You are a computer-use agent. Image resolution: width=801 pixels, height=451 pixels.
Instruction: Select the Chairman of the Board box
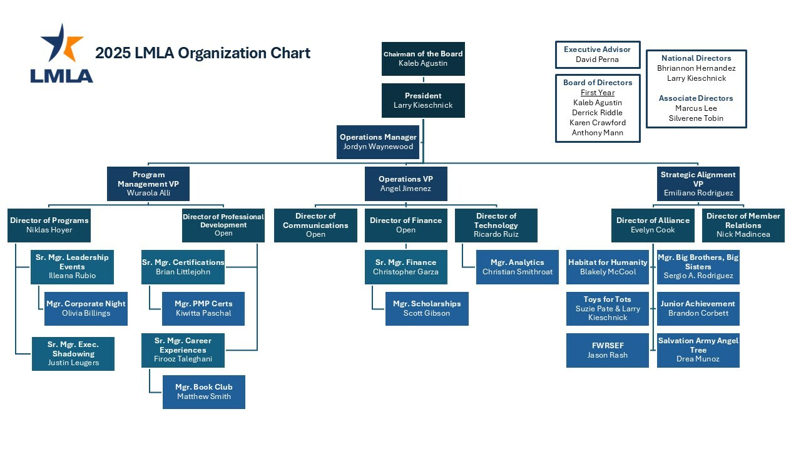(423, 59)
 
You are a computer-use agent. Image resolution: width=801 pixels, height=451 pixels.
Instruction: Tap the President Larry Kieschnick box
(423, 100)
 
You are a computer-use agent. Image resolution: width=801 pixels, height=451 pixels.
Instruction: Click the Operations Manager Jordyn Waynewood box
(378, 142)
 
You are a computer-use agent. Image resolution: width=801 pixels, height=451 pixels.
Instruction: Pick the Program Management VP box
(148, 184)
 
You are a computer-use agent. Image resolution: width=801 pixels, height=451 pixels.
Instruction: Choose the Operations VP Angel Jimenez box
(406, 184)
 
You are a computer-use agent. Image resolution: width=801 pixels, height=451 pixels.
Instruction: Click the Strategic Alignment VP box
(698, 184)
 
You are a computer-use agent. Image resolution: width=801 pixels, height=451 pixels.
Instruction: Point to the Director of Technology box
(496, 225)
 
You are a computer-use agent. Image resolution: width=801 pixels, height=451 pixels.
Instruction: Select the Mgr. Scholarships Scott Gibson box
(426, 308)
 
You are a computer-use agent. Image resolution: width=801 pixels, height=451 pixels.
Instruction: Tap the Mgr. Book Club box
(203, 391)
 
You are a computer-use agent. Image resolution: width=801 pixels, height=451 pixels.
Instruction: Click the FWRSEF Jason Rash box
(607, 350)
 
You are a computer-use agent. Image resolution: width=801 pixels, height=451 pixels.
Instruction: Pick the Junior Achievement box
(698, 308)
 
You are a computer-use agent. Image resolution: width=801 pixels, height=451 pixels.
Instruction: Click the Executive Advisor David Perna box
(597, 54)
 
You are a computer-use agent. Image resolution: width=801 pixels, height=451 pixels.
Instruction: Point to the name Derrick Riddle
(597, 113)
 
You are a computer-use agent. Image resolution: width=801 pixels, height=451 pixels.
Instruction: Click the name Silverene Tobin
(696, 118)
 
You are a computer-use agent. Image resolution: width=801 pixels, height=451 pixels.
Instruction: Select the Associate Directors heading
(696, 98)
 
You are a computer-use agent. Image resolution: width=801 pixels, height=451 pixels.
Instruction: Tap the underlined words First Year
(597, 93)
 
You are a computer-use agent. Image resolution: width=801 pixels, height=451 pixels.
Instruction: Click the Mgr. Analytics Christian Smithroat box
(517, 267)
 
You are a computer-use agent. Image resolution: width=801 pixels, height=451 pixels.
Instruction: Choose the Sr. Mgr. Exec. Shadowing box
(73, 353)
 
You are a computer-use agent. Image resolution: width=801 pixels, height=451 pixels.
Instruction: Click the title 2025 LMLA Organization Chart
(202, 53)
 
